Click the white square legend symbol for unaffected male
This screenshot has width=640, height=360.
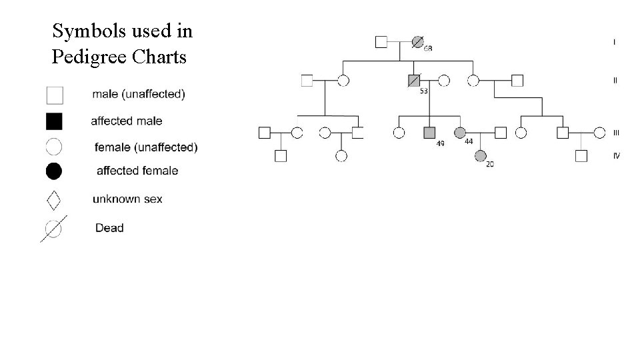coord(55,95)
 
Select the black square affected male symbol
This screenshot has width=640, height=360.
coord(54,121)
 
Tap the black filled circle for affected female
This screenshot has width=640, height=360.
coord(54,171)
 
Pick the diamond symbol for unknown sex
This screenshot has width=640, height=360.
coord(54,199)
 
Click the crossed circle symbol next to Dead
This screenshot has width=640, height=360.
coord(53,229)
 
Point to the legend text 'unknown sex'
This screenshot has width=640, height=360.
coord(127,199)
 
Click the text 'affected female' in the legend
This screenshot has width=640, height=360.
coord(137,171)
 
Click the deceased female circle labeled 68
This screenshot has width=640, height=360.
coord(417,42)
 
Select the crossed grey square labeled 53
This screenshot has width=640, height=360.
coord(414,81)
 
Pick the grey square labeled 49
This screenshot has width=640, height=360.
coord(429,133)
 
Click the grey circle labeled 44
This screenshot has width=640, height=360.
coord(459,133)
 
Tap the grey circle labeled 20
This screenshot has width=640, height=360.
coord(480,156)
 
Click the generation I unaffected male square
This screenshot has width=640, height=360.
coord(381,42)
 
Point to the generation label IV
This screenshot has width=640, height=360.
coord(616,156)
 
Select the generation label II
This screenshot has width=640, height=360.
coord(615,80)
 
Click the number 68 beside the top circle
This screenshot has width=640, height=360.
coord(428,49)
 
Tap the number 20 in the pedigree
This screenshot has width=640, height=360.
coord(490,164)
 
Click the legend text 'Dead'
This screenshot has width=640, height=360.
coord(109,228)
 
